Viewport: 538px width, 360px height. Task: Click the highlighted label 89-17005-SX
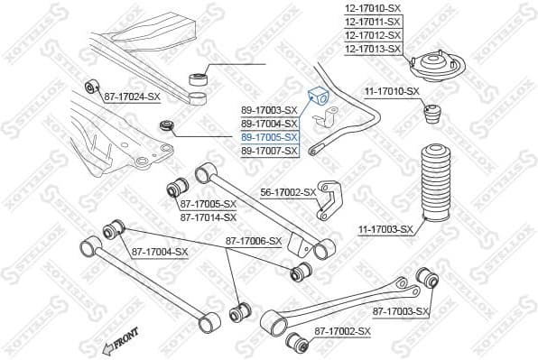click(x=269, y=137)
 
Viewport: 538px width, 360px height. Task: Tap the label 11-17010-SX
click(x=392, y=91)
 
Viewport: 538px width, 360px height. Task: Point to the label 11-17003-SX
click(x=385, y=229)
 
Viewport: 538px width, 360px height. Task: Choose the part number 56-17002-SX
click(x=288, y=192)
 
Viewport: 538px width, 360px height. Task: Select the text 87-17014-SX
click(x=208, y=217)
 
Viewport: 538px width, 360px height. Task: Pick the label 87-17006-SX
click(x=254, y=241)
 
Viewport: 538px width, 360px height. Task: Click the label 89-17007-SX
click(x=269, y=151)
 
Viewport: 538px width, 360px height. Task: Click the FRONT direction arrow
click(x=119, y=341)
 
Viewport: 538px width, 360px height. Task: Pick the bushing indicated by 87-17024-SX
click(x=90, y=87)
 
